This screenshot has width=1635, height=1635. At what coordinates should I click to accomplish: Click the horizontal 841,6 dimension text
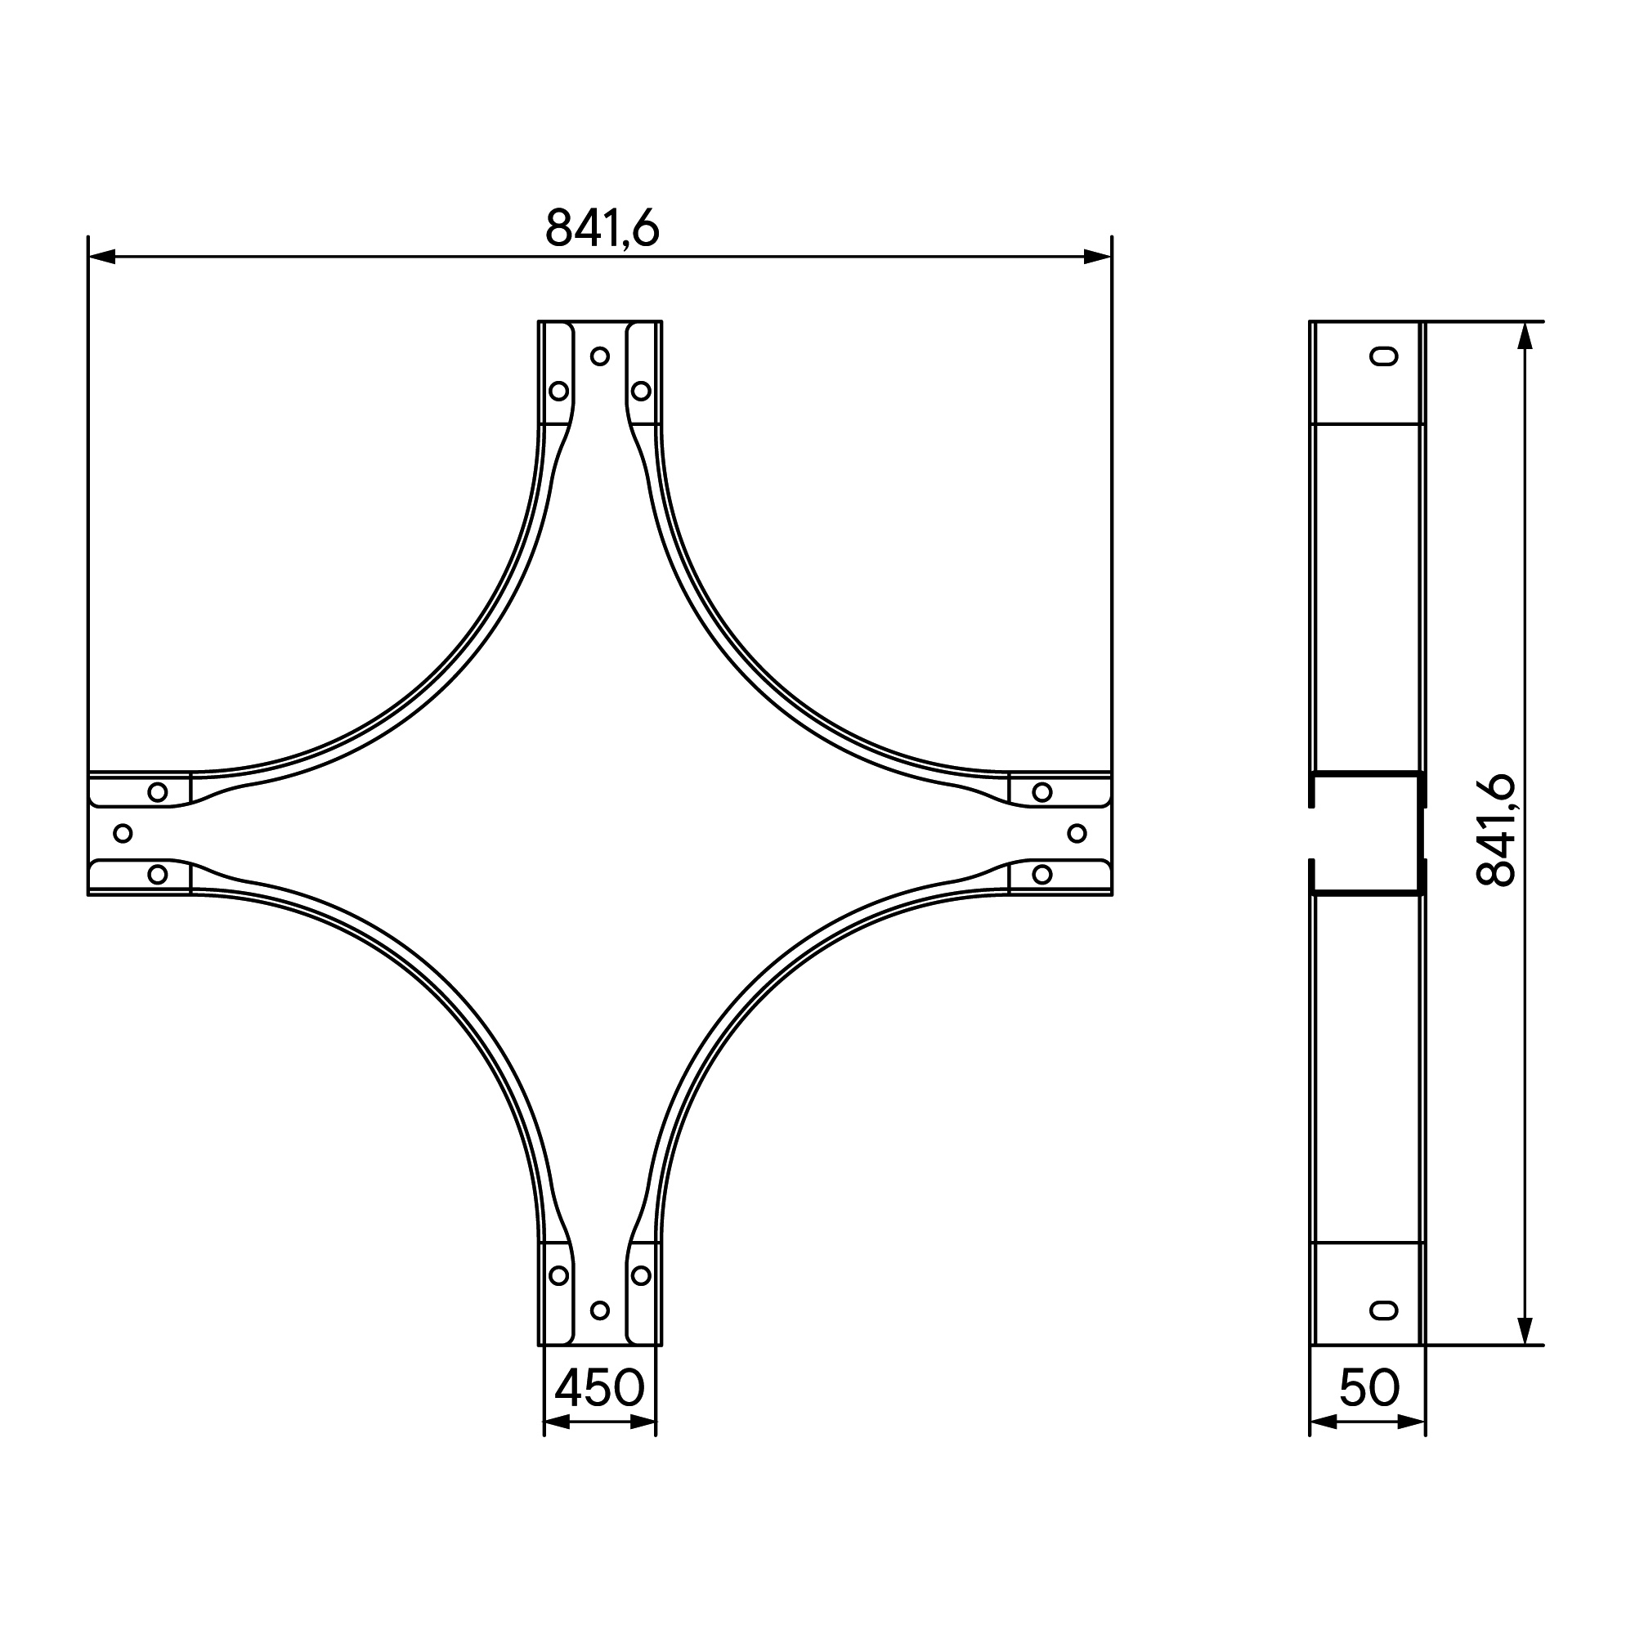(x=602, y=227)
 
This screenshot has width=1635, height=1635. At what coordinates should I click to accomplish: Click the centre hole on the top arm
(x=600, y=356)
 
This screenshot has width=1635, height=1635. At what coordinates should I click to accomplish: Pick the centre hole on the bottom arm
(x=600, y=1310)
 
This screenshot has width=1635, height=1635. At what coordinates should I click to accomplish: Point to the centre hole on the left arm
(x=123, y=834)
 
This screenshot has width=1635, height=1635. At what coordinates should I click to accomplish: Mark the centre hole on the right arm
(x=1077, y=834)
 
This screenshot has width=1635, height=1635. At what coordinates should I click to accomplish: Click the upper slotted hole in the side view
(x=1384, y=356)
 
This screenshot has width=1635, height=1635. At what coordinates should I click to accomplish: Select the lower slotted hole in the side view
(x=1384, y=1310)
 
